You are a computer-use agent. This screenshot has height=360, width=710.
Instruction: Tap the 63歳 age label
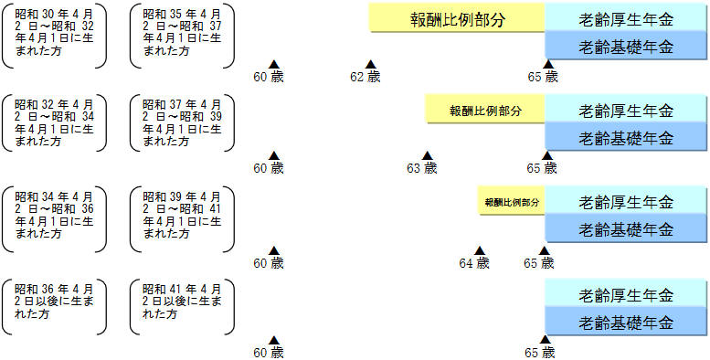click(422, 168)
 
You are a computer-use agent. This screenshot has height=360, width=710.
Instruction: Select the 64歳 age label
click(475, 263)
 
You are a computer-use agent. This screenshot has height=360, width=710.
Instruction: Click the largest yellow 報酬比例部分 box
click(457, 17)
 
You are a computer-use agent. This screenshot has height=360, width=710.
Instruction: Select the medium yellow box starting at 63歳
click(485, 110)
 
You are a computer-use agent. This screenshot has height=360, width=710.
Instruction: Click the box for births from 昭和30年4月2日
click(54, 34)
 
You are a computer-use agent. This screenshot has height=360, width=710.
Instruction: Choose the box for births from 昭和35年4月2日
click(182, 34)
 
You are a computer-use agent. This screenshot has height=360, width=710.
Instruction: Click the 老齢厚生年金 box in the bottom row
click(626, 295)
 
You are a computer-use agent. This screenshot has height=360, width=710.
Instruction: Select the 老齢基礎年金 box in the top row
click(626, 46)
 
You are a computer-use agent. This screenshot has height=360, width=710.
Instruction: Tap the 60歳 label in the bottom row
click(269, 352)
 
